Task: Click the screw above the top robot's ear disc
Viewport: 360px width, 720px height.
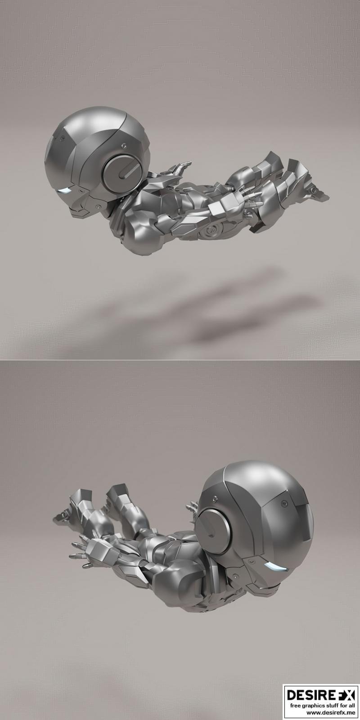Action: pyautogui.click(x=124, y=146)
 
